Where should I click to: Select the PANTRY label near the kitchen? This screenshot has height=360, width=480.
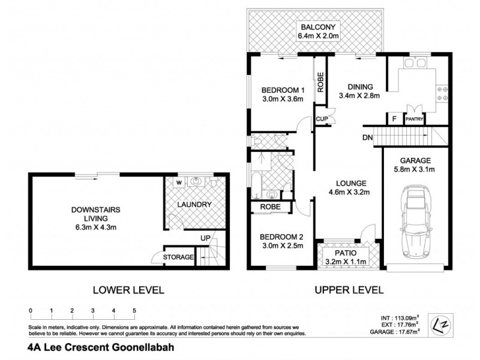pos(415,119)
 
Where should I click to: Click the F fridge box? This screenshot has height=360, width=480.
pos(394,119)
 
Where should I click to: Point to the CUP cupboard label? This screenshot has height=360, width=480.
pos(321,118)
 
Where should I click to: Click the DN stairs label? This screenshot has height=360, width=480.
pos(368,137)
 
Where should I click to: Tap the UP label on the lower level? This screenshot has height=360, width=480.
pos(205,239)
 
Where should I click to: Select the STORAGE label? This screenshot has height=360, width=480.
pos(180,257)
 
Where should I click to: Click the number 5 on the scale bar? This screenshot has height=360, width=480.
pos(134,310)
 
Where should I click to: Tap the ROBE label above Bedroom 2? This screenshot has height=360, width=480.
pos(268,206)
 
